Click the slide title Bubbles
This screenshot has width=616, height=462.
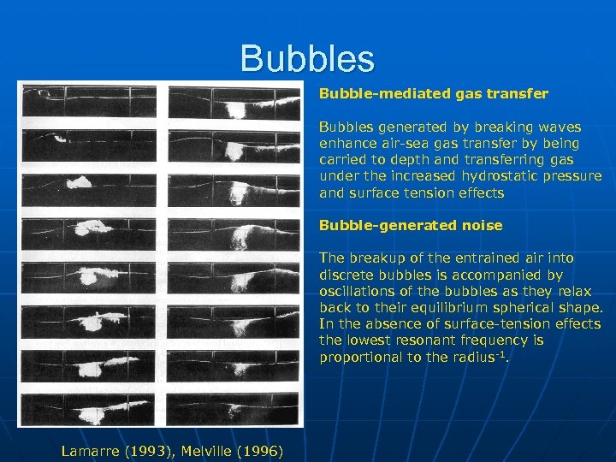(307, 58)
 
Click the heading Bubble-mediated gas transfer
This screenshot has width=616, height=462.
(434, 92)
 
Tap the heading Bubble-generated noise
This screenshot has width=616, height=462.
(411, 226)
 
